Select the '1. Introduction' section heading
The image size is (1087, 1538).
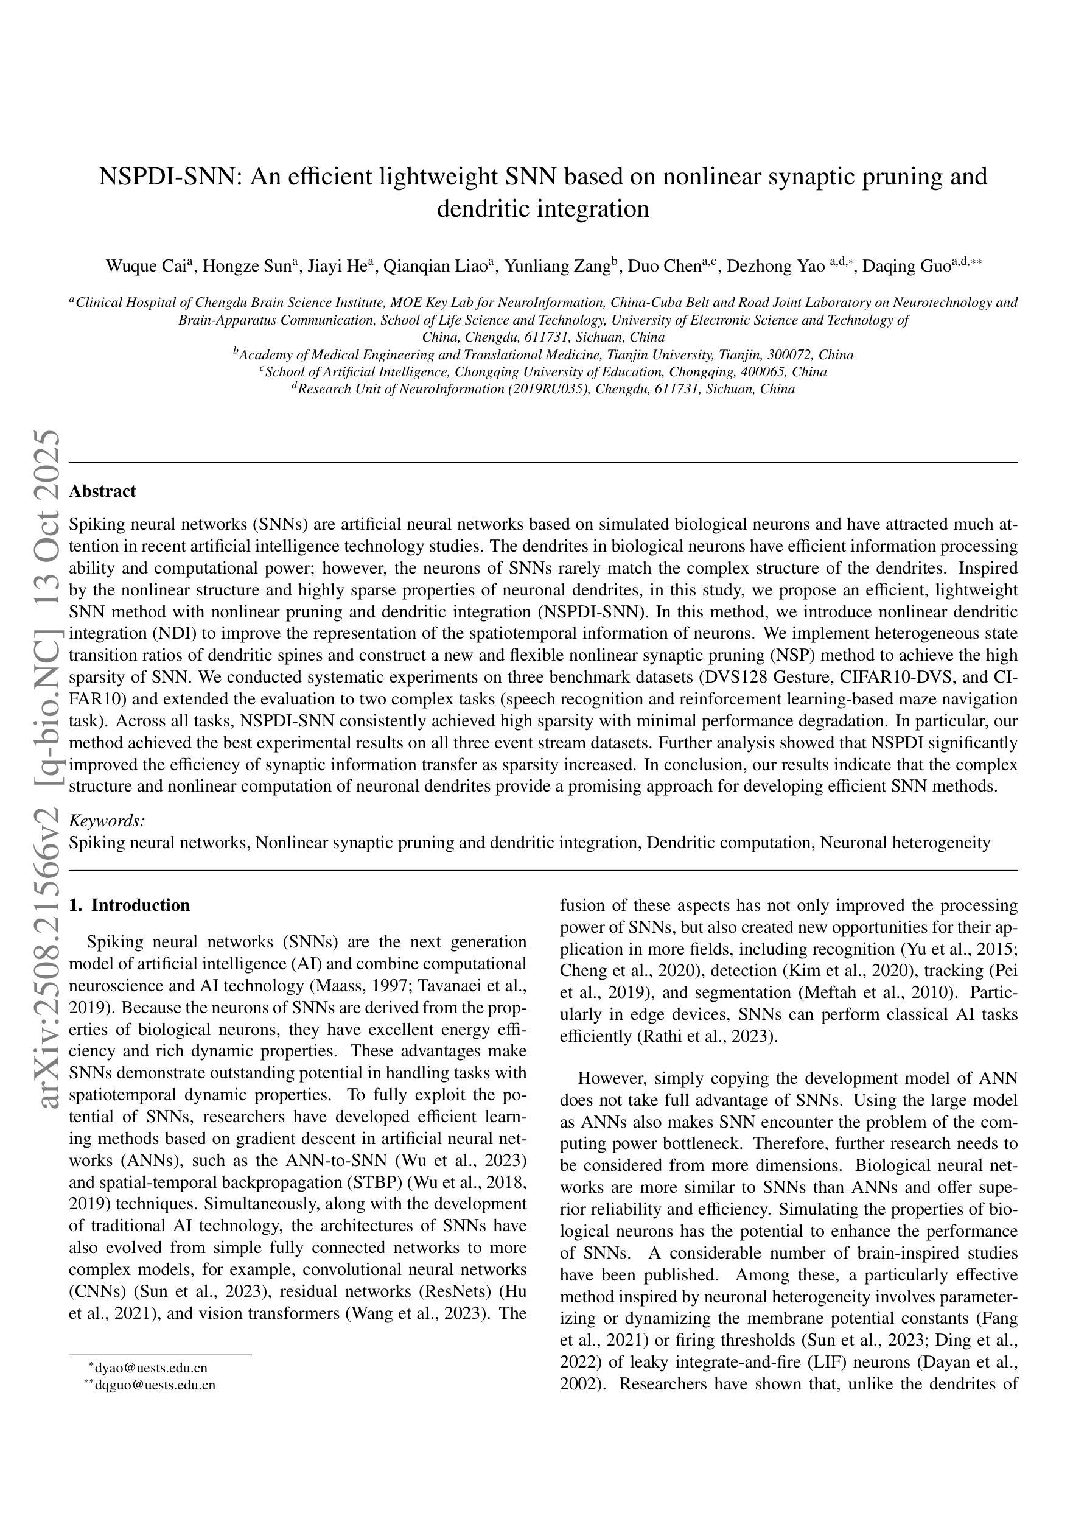pyautogui.click(x=129, y=905)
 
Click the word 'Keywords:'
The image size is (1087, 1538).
pyautogui.click(x=107, y=821)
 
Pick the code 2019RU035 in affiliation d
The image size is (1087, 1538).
pyautogui.click(x=553, y=389)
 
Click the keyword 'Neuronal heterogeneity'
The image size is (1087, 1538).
pyautogui.click(x=905, y=842)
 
